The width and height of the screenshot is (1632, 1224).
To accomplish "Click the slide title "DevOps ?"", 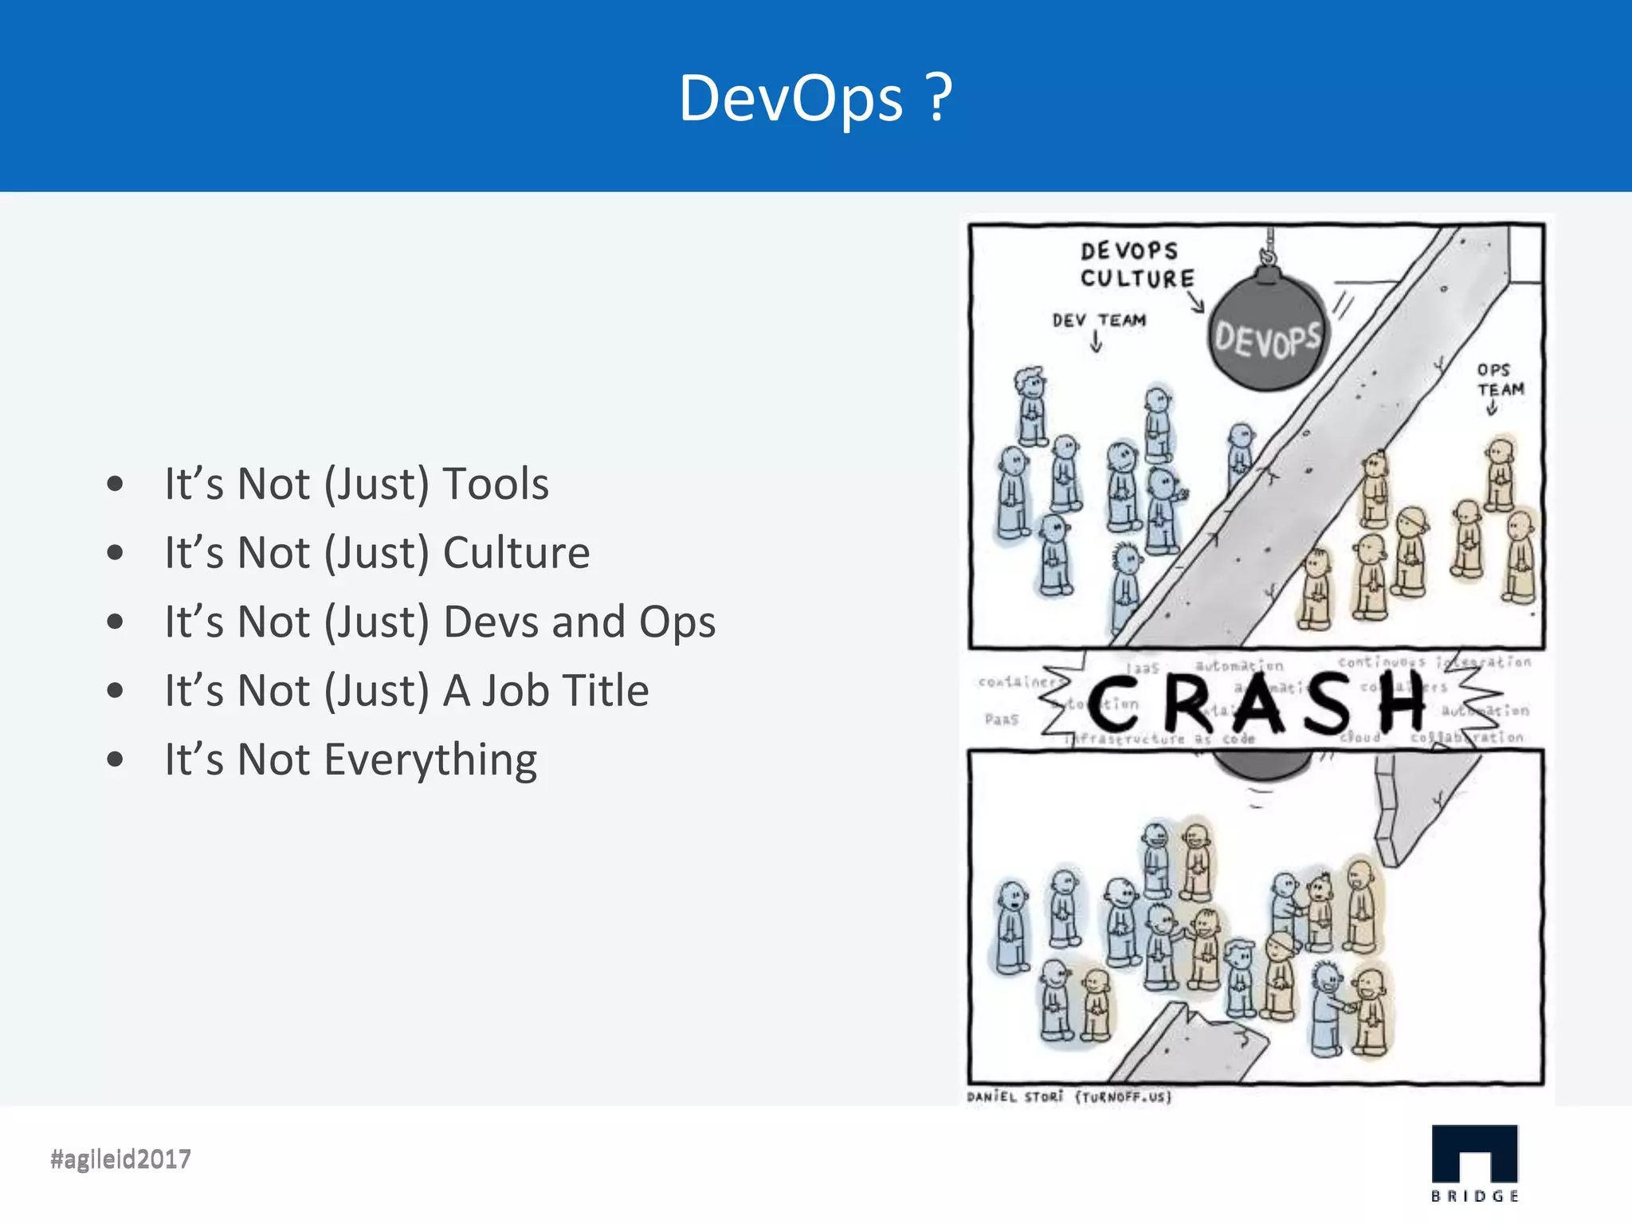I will tap(814, 98).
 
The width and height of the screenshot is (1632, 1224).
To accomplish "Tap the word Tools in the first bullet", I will tap(495, 484).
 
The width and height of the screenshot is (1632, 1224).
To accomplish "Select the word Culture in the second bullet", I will tap(516, 553).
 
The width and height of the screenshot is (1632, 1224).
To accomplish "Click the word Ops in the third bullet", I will tap(677, 622).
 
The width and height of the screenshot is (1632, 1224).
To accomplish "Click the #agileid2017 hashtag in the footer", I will tap(120, 1159).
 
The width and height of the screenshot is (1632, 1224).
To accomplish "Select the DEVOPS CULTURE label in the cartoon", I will tap(1136, 265).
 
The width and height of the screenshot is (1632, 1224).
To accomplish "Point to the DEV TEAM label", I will tap(1099, 320).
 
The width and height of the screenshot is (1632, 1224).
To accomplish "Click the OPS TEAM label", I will tap(1500, 380).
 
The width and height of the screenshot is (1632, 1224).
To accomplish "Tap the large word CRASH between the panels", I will tap(1255, 703).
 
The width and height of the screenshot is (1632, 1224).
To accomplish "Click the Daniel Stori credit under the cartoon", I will tap(1069, 1097).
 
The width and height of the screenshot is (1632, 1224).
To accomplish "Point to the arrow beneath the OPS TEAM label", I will tap(1492, 408).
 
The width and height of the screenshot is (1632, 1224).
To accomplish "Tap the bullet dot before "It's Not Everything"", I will tap(116, 759).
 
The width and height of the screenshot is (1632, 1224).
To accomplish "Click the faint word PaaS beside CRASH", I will tap(1001, 720).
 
